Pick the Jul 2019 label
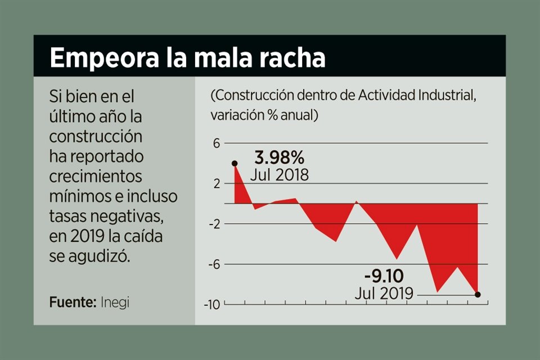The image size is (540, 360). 384,293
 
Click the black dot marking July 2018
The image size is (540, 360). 235,164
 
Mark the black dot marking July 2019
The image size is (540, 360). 478,294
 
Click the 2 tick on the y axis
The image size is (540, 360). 217,183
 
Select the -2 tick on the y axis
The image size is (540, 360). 214,224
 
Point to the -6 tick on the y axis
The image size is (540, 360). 214,264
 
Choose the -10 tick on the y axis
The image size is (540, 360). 212,304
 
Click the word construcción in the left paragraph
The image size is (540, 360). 96,136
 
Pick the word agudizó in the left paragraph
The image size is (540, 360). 99,256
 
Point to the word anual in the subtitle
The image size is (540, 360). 296,115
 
